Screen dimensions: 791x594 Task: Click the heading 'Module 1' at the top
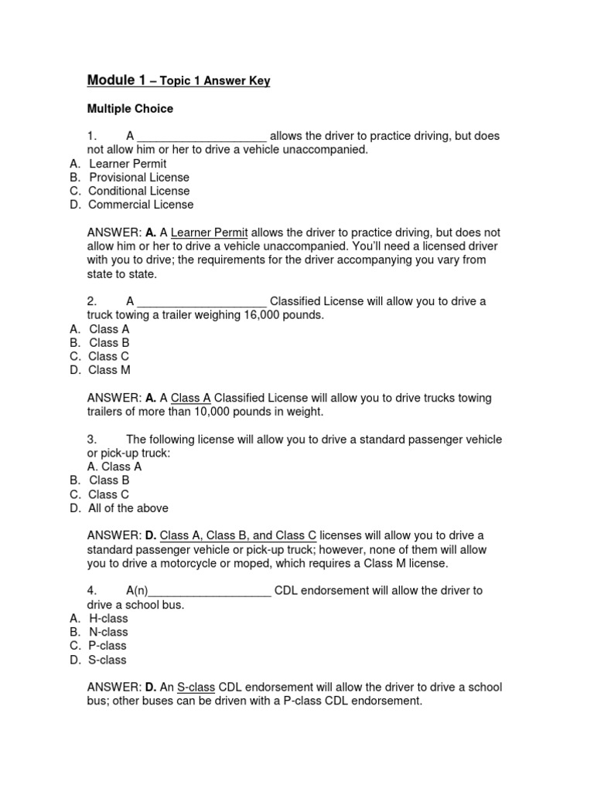(x=116, y=80)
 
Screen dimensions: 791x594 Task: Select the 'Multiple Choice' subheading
(x=130, y=108)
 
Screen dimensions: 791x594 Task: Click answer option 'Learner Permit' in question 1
(x=128, y=164)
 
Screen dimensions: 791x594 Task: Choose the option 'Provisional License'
(x=138, y=178)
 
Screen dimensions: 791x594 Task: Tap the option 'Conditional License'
(x=138, y=191)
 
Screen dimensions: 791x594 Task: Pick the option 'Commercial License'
(x=141, y=205)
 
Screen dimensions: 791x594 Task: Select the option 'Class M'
(x=109, y=370)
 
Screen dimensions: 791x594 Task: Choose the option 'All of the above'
(x=128, y=508)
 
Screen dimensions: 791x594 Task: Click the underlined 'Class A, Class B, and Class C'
(x=238, y=535)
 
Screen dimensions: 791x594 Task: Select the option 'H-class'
(x=108, y=618)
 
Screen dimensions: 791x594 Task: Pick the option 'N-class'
(x=108, y=632)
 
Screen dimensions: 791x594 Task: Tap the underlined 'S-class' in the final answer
(x=196, y=687)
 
